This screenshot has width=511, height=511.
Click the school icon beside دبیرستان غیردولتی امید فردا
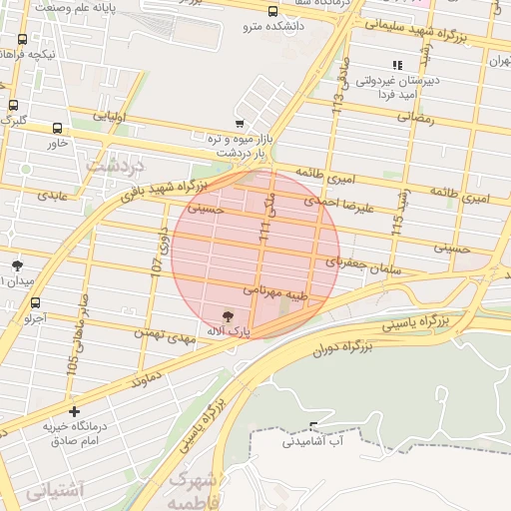tap(398, 65)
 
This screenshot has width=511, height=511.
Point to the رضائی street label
tap(416, 117)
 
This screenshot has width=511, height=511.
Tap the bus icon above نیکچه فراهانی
tap(22, 40)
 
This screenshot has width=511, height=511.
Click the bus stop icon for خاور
tap(57, 128)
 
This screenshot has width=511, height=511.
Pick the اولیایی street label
tap(109, 116)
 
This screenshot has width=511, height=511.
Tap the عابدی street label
tap(52, 195)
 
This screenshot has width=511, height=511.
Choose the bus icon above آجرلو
tap(36, 302)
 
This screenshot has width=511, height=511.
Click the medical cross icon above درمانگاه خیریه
tap(74, 410)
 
